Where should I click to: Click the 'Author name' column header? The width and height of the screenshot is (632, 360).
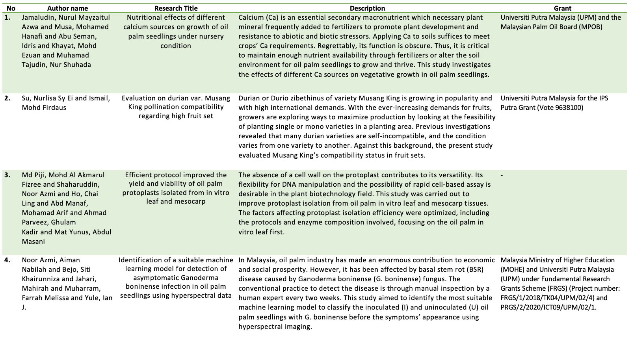click(67, 8)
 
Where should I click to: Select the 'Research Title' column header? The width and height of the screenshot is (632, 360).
click(176, 8)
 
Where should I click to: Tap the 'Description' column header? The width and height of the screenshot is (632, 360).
click(367, 8)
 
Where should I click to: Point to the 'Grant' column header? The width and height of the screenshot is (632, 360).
click(562, 8)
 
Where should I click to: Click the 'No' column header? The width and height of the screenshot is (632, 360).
click(11, 8)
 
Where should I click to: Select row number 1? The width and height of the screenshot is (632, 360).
click(8, 18)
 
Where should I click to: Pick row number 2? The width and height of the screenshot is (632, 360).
click(8, 98)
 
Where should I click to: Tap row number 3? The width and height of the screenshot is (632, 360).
click(8, 175)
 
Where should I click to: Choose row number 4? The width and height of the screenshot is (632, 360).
click(8, 260)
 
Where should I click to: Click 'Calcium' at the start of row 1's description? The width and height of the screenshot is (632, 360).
click(251, 18)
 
